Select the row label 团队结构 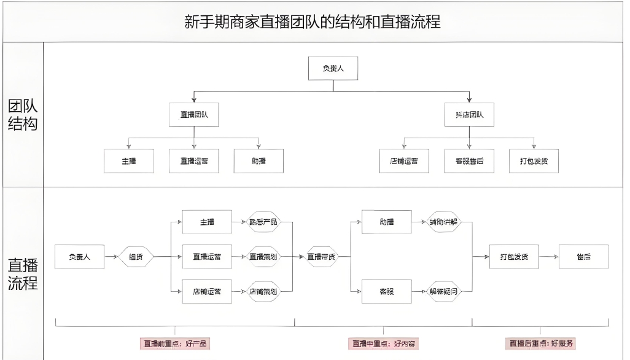[x=23, y=115]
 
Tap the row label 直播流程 [x=23, y=274]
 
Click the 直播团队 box [x=194, y=114]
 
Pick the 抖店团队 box [x=469, y=114]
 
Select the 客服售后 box [x=469, y=161]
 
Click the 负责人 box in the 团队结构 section [x=333, y=68]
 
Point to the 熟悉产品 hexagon [x=263, y=222]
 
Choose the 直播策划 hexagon [x=263, y=257]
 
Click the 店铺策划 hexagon [x=263, y=292]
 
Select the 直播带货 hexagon [x=322, y=257]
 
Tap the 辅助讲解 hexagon [x=443, y=222]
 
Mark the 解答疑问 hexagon [x=443, y=292]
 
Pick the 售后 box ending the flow [x=583, y=257]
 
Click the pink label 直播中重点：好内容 [x=383, y=343]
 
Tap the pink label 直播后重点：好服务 [x=543, y=343]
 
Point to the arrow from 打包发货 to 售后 [x=548, y=257]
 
